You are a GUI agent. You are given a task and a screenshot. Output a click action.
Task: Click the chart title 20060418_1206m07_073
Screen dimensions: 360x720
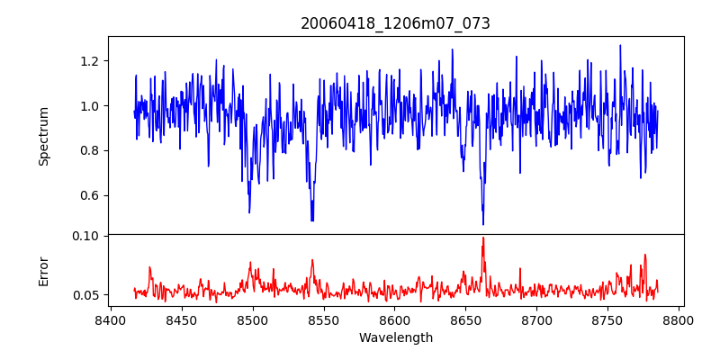coord(395,23)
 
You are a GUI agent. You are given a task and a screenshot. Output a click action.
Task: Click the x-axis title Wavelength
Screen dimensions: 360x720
coord(395,338)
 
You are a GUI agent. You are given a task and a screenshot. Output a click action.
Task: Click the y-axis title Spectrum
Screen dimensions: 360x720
coord(44,136)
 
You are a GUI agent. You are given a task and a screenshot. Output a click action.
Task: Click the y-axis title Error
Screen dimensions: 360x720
coord(44,271)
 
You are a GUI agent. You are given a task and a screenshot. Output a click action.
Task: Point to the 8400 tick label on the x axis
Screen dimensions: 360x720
coord(110,320)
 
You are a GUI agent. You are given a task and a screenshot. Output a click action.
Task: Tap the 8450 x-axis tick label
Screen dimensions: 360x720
coord(181,320)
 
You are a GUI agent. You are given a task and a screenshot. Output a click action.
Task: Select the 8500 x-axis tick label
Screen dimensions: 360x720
coord(252,320)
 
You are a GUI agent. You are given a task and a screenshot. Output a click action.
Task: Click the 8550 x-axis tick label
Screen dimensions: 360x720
coord(323,320)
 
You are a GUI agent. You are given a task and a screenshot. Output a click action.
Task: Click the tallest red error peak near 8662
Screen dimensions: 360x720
coord(483,238)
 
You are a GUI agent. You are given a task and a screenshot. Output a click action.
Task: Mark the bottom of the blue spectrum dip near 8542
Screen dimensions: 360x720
coord(311,220)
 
